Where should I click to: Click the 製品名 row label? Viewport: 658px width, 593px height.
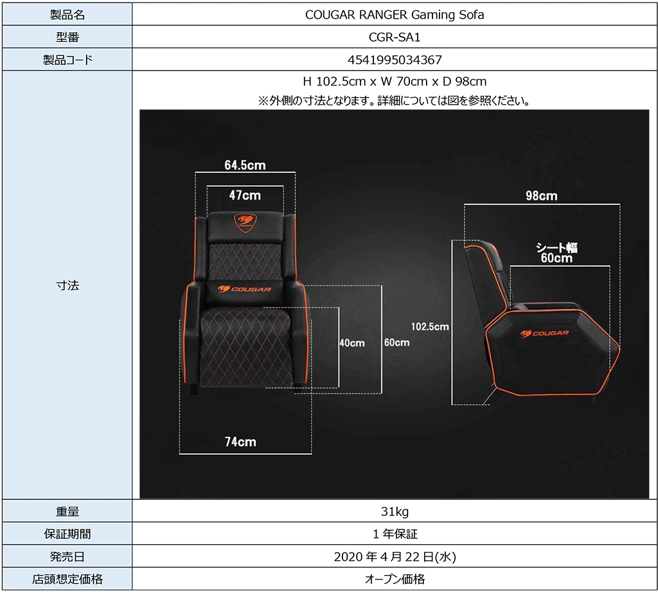(67, 15)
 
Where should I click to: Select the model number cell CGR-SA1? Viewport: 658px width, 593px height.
(395, 38)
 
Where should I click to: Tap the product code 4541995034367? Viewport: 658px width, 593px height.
(395, 60)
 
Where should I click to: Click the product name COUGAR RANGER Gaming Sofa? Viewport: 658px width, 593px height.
(395, 15)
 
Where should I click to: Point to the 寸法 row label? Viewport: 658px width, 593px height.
(67, 286)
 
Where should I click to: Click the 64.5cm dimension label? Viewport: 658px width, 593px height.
(245, 165)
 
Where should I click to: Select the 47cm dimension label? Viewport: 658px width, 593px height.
(245, 194)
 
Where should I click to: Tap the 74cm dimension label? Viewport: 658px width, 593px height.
(240, 441)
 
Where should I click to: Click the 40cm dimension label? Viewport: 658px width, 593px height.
(352, 343)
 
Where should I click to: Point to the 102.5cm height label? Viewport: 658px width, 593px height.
(430, 326)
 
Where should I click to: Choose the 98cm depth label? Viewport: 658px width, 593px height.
(541, 195)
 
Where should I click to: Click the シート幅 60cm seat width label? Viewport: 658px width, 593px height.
(556, 252)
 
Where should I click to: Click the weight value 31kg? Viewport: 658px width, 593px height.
(395, 512)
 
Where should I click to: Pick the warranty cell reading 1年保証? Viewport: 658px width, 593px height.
(395, 534)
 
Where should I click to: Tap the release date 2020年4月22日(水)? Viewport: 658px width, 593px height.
(395, 556)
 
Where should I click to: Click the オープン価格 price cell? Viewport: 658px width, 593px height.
(395, 579)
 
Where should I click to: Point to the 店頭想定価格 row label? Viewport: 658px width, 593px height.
(67, 579)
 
